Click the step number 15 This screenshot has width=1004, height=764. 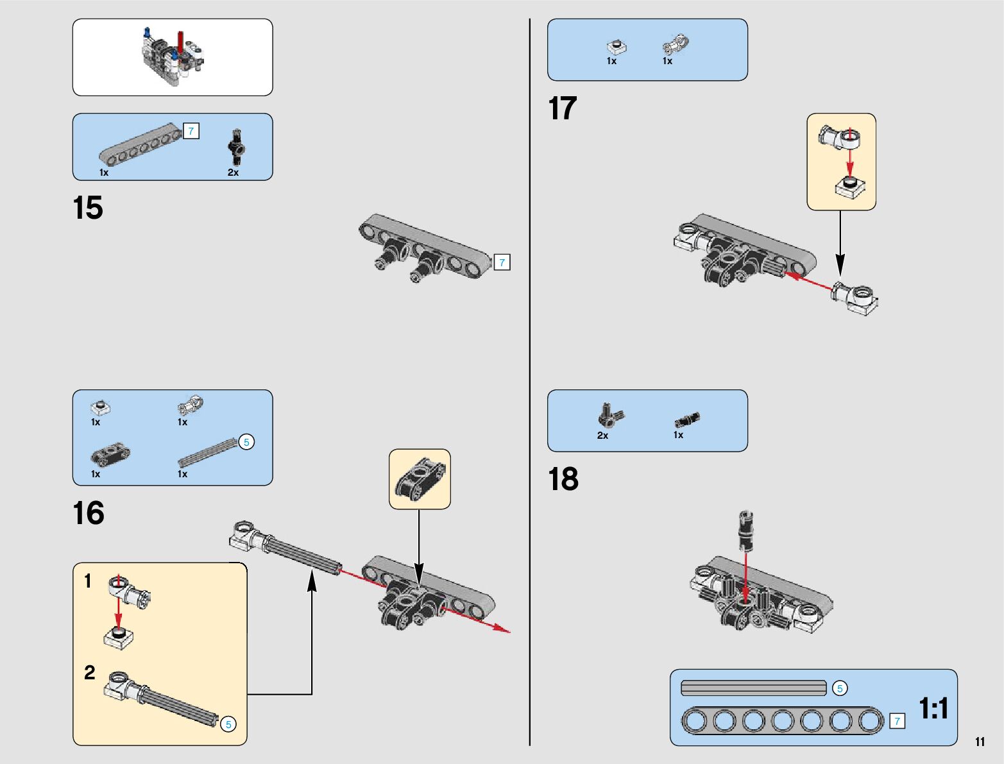pyautogui.click(x=88, y=208)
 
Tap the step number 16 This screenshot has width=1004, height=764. pyautogui.click(x=89, y=513)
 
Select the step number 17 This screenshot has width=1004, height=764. pyautogui.click(x=563, y=108)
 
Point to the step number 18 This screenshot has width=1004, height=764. pyautogui.click(x=563, y=480)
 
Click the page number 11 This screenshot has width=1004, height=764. pyautogui.click(x=980, y=742)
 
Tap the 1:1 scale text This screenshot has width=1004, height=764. pyautogui.click(x=933, y=709)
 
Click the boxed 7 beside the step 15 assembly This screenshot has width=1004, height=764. pyautogui.click(x=502, y=262)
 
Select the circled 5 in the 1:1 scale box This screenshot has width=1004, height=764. pyautogui.click(x=840, y=688)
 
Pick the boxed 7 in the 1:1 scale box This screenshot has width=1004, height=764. pyautogui.click(x=897, y=721)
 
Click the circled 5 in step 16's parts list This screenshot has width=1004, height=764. pyautogui.click(x=246, y=442)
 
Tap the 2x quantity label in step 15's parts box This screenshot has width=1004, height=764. pyautogui.click(x=233, y=173)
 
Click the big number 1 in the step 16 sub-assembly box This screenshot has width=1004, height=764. pyautogui.click(x=88, y=581)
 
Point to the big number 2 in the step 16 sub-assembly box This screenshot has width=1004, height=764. pyautogui.click(x=89, y=672)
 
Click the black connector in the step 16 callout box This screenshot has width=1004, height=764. pyautogui.click(x=420, y=479)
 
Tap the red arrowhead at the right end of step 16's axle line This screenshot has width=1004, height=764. pyautogui.click(x=503, y=629)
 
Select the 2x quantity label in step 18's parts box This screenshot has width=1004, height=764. pyautogui.click(x=602, y=436)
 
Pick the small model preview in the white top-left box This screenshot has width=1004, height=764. pyautogui.click(x=172, y=56)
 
